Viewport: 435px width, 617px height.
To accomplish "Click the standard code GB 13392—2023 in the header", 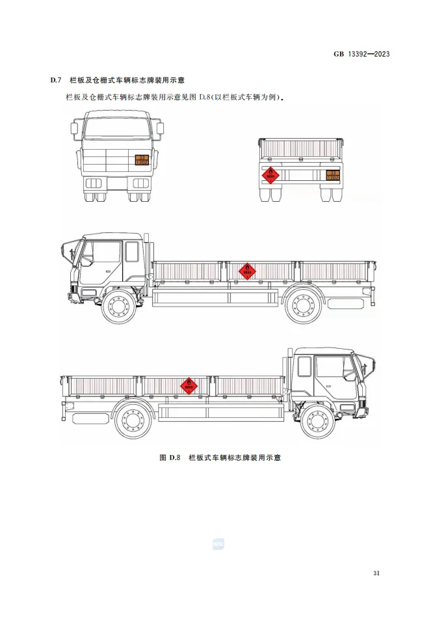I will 361,54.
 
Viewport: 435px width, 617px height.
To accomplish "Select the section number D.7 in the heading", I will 56,81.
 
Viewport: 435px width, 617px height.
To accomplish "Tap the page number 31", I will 376,573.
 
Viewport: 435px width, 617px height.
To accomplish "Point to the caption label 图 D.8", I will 169,458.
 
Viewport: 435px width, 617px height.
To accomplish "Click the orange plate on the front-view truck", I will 142,160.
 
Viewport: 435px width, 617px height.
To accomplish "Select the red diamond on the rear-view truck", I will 270,174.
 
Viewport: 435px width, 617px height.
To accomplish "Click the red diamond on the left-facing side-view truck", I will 246,270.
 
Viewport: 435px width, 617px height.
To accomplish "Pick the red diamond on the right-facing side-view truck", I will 189,385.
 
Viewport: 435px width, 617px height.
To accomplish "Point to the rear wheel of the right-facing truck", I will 133,421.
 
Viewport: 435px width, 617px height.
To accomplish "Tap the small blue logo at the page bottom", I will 217,543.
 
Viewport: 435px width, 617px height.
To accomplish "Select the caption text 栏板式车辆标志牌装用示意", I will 234,458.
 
